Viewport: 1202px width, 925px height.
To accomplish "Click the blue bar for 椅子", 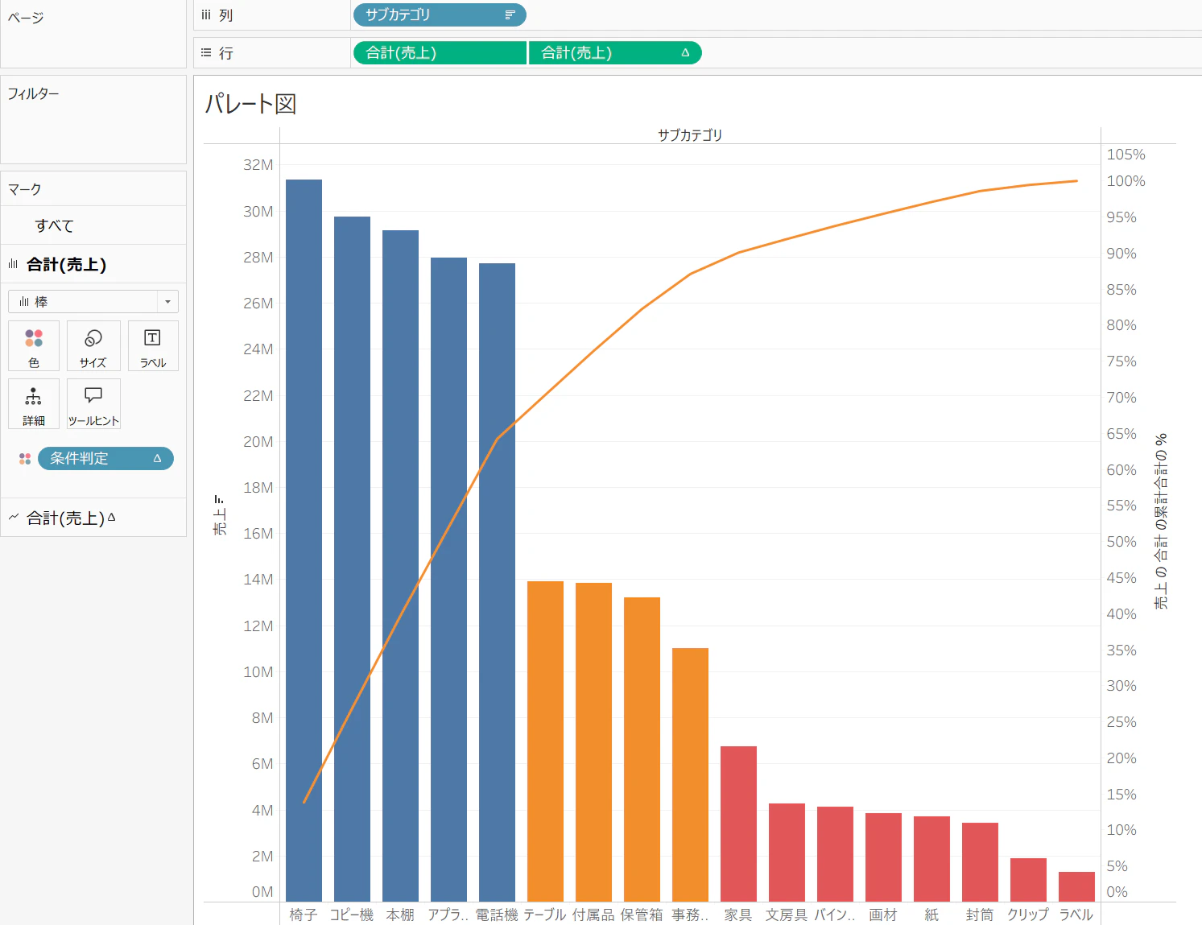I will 304,539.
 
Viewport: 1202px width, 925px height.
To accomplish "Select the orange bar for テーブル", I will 545,741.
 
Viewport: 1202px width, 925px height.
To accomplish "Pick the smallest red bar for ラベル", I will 1076,886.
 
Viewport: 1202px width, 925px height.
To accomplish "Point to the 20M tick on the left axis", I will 258,442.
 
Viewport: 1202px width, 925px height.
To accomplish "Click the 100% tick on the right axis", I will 1126,181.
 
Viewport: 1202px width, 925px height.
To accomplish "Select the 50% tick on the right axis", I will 1121,542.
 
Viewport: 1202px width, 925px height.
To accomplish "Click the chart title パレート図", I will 251,104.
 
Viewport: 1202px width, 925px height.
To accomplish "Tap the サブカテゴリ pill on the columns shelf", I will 439,14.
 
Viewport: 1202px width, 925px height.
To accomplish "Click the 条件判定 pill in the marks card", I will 105,458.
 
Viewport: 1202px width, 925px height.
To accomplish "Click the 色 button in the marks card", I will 34,346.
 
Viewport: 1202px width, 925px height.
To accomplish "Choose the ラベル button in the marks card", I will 152,346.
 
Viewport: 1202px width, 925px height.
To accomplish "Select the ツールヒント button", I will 93,404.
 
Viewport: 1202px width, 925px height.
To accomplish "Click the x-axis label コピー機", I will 351,915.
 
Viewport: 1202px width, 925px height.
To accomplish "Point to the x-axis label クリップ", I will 1028,915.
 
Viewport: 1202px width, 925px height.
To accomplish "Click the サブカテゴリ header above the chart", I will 689,135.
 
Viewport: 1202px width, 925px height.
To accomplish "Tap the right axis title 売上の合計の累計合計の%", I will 1161,521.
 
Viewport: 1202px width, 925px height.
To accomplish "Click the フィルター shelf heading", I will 34,93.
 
